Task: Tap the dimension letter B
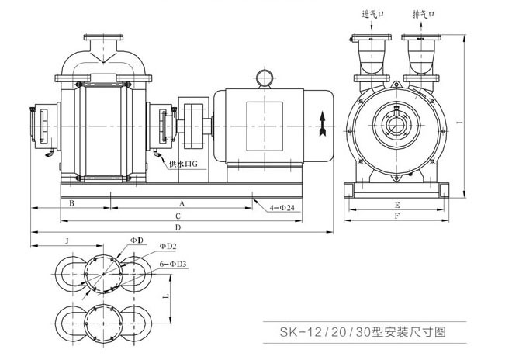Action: click(x=71, y=203)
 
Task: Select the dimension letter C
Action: click(x=178, y=216)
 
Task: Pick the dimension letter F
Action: click(x=396, y=218)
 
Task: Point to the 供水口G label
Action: click(x=182, y=164)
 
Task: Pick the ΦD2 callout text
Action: click(x=168, y=247)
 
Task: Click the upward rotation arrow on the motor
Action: click(x=320, y=123)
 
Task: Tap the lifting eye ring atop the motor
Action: click(x=263, y=77)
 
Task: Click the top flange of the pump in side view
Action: click(x=103, y=37)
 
